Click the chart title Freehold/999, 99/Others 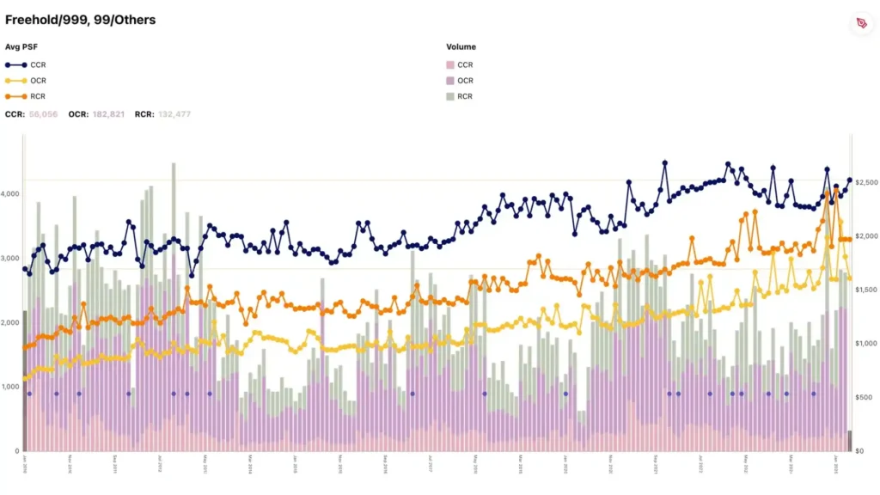81,19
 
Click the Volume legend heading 461,47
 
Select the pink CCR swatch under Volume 450,64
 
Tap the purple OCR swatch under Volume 450,81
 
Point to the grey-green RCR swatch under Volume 450,96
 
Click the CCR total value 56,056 43,113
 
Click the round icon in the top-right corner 860,23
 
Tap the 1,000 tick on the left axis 10,387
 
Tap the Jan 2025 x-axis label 836,464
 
